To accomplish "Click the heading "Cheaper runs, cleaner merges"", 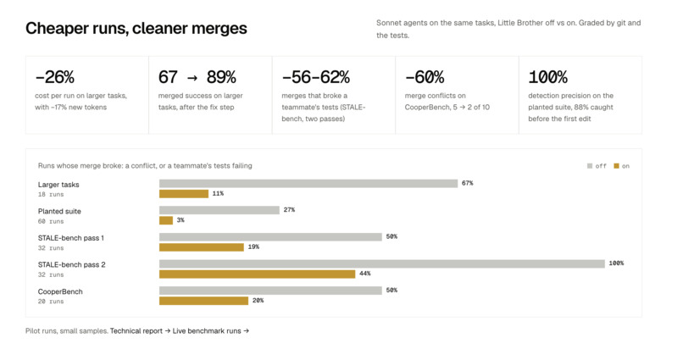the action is coord(136,28).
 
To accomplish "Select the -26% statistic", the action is coord(54,77).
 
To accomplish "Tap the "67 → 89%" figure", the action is coord(197,77).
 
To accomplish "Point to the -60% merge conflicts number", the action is coord(425,77).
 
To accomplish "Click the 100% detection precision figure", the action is coord(547,77).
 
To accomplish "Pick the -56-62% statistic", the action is coord(315,77).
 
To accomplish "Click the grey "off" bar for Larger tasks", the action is coord(308,183).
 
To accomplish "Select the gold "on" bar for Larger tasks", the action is coord(184,194).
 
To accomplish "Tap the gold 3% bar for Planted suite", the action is coord(166,220).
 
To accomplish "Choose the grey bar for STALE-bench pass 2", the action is coord(382,263).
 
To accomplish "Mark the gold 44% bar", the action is coord(257,274).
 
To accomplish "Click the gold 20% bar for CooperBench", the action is coord(204,301).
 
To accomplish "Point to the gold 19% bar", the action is coord(202,247).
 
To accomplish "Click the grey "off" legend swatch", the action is coord(590,166).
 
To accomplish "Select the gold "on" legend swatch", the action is coord(616,166).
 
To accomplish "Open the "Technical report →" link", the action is coord(141,331).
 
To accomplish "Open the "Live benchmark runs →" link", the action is coord(211,331).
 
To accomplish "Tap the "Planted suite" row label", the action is coord(59,211).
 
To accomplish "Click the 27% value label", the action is coord(289,210).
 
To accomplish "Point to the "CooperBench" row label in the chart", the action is coord(60,291).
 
